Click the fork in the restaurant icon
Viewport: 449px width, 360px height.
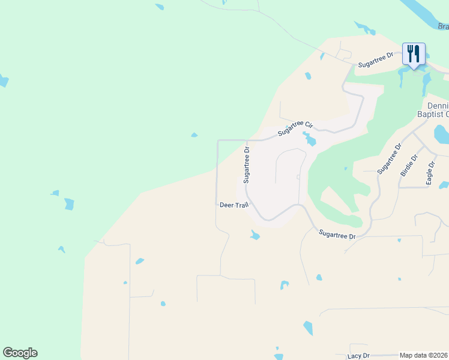(x=411, y=53)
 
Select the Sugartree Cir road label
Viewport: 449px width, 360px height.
(x=295, y=128)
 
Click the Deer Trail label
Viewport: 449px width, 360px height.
(x=234, y=205)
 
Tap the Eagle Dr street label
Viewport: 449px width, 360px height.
(x=430, y=172)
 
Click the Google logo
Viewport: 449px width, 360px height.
(x=20, y=353)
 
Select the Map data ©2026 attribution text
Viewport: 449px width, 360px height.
(x=424, y=355)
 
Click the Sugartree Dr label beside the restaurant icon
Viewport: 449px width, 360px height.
(x=375, y=59)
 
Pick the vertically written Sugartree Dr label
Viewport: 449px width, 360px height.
(x=246, y=163)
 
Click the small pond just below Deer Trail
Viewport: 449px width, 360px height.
(x=255, y=235)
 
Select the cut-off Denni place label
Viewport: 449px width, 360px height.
(x=438, y=105)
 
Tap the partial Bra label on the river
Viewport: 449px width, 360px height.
(x=443, y=26)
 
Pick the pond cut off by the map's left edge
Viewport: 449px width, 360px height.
(x=3, y=80)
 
